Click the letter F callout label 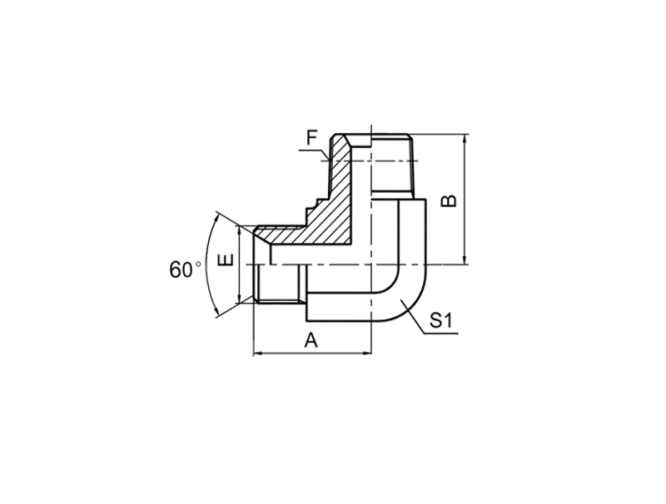click(313, 138)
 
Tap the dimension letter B click(449, 200)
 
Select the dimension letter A click(311, 340)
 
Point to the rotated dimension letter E click(226, 259)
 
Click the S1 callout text click(441, 321)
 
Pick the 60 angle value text click(181, 269)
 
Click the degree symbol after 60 click(198, 264)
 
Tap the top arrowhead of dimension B click(465, 140)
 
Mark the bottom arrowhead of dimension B click(465, 259)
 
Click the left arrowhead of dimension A click(259, 353)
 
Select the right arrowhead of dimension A click(366, 353)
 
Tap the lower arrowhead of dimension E click(240, 298)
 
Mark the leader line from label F click(316, 153)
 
